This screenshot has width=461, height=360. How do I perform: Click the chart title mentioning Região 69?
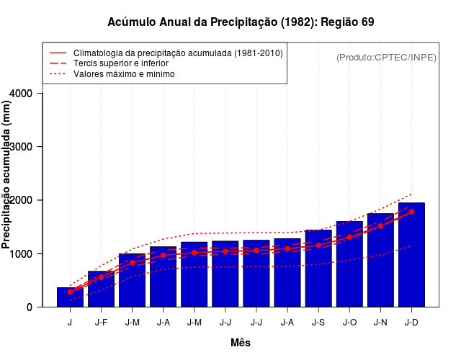pos(241,22)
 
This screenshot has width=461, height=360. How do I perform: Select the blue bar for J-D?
pos(411,255)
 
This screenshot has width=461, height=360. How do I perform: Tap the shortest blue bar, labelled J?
pos(70,297)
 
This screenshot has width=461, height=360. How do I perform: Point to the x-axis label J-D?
pos(411,322)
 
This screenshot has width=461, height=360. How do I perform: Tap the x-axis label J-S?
pos(318,322)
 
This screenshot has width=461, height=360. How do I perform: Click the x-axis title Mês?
pos(241,343)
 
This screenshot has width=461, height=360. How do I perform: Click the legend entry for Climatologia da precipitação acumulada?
pos(178,53)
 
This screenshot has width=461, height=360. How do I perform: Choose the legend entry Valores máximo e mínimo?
pos(124,73)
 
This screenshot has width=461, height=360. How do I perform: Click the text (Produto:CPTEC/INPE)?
pos(387,57)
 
